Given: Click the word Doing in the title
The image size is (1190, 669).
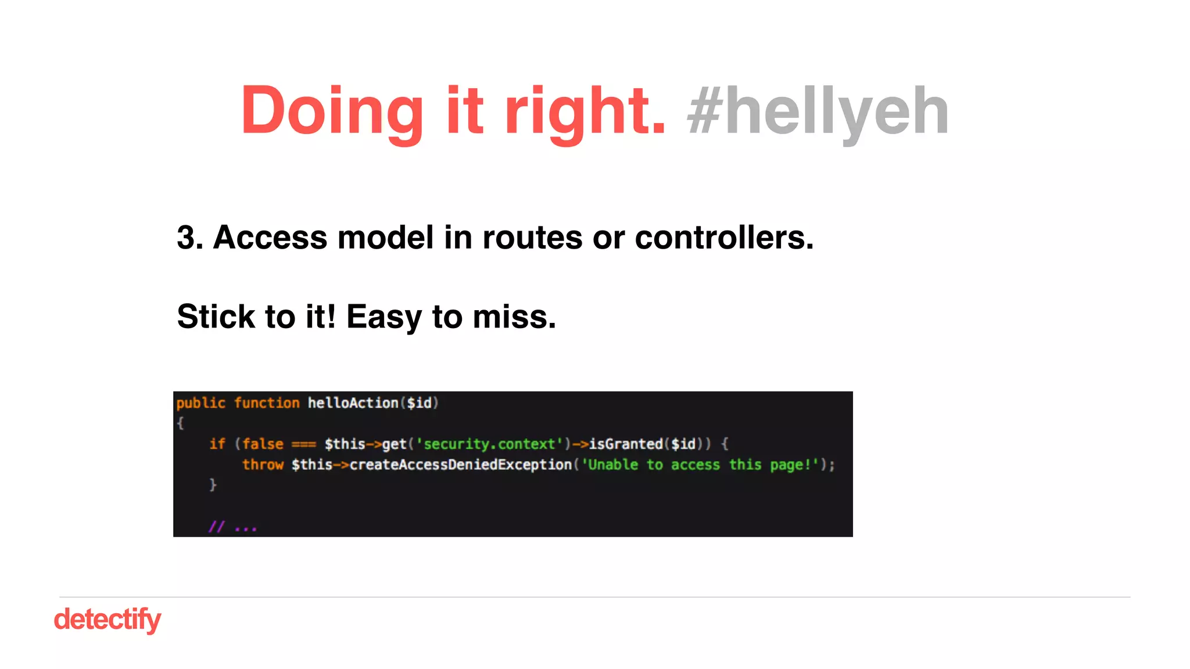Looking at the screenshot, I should tap(332, 110).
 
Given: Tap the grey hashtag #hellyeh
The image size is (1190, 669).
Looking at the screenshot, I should tap(818, 110).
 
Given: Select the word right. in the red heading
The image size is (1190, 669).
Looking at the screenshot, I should tap(585, 110).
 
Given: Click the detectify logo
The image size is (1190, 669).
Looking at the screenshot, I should tap(107, 619).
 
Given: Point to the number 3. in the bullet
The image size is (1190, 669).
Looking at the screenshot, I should tap(190, 238).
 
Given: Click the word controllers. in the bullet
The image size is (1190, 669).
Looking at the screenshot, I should tap(724, 238).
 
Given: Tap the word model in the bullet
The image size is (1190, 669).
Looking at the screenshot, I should tap(385, 238).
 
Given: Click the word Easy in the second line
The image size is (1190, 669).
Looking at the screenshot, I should tap(384, 317).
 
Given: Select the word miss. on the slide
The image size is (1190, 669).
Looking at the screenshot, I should tap(514, 317).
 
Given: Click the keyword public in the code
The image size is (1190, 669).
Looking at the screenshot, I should tap(200, 403).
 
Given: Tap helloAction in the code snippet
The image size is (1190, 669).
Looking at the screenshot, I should tap(353, 403).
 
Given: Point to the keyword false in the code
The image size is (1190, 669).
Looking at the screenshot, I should tap(263, 444).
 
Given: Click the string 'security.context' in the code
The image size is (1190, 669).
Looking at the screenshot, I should tap(489, 444).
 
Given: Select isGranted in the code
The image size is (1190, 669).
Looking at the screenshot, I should tap(626, 444).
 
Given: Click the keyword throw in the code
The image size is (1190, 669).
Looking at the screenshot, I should tap(263, 465).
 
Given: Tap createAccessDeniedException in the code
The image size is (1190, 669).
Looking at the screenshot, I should tap(461, 465).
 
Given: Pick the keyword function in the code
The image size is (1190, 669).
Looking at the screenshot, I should tap(267, 403).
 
